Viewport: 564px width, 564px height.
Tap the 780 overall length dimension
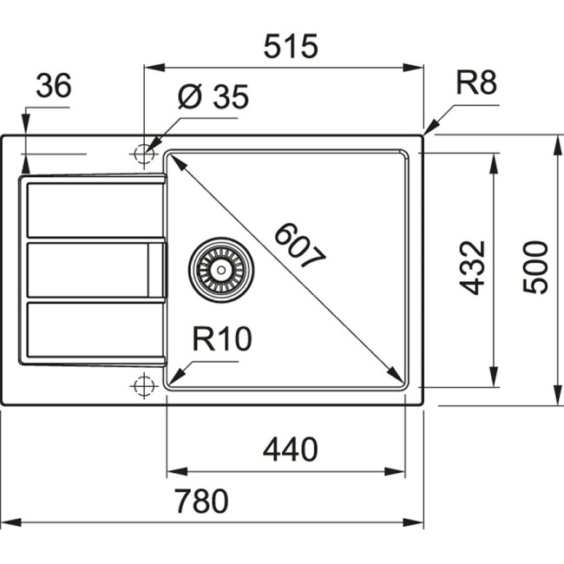(x=200, y=502)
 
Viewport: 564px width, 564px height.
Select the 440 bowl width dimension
(x=290, y=449)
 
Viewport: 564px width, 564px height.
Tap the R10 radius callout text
(x=221, y=338)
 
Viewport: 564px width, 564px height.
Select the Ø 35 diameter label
(x=213, y=98)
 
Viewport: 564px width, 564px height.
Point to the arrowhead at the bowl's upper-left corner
(x=174, y=161)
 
